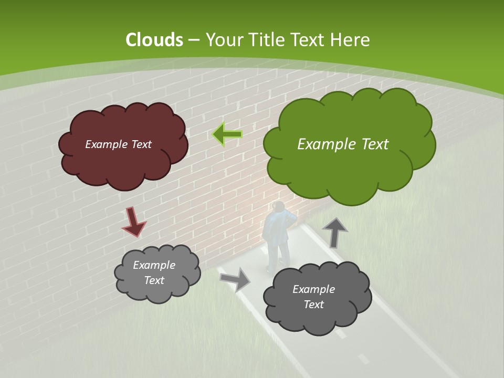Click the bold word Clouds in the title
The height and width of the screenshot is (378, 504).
pos(154,40)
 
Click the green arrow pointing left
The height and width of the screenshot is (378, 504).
pos(227,134)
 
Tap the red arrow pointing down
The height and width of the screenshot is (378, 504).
pos(133,222)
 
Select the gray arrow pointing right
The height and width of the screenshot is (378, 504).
pos(235,279)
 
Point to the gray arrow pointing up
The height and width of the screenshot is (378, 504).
pos(334,232)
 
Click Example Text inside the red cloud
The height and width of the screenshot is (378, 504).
pos(118,144)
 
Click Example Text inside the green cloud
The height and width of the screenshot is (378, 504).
pos(343,144)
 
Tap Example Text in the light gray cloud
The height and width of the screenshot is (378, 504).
pos(154,273)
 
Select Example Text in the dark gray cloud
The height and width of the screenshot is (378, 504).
pos(313,297)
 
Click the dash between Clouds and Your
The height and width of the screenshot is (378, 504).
pos(193,40)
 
